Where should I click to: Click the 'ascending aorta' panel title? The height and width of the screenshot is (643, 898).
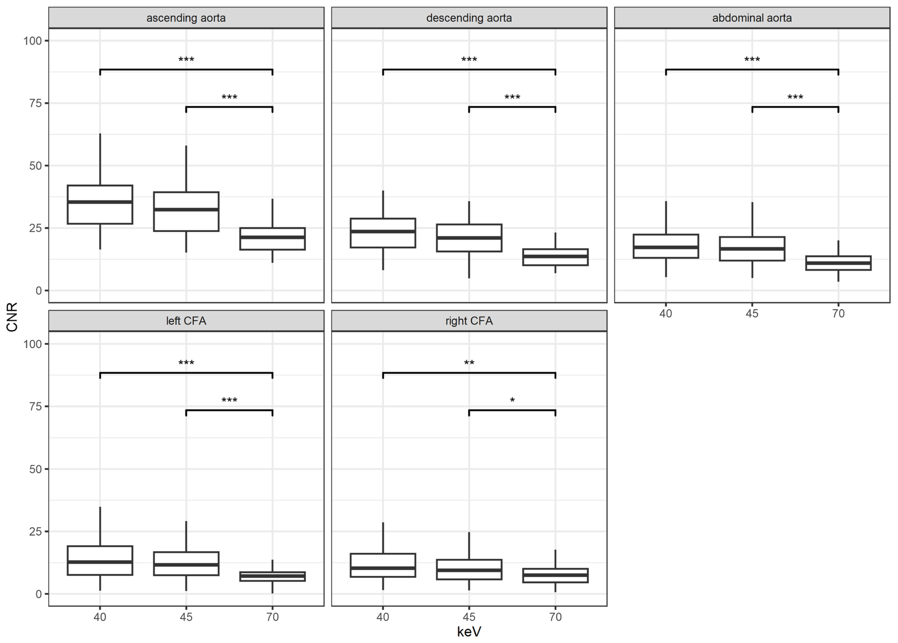(186, 18)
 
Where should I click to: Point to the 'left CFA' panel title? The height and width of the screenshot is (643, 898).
(186, 321)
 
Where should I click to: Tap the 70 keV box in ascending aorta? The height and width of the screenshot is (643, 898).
(272, 239)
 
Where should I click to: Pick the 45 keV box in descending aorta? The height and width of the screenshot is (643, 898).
(469, 238)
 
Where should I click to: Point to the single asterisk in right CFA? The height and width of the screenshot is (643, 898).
(512, 400)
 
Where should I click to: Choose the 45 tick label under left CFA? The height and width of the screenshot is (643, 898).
(186, 617)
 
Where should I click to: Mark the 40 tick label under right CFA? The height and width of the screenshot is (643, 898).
(383, 617)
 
